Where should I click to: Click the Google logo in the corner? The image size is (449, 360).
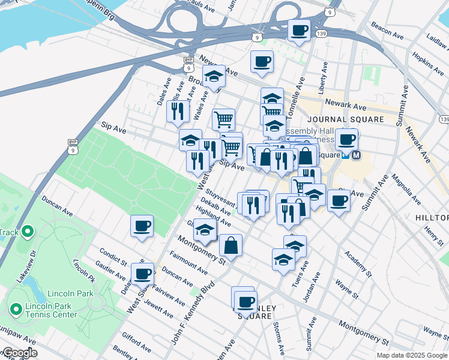click(x=19, y=353)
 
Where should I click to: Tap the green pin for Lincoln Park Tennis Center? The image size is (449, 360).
click(x=16, y=309)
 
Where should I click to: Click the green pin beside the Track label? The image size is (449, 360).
click(x=28, y=232)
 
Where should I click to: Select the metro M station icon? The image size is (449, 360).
click(x=357, y=155)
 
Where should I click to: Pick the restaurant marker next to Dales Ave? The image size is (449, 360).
click(x=178, y=111)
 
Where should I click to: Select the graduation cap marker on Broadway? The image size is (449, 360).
click(x=214, y=76)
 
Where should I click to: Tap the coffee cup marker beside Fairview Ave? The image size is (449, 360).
click(x=143, y=274)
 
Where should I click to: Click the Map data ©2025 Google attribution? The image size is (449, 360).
click(x=412, y=355)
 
